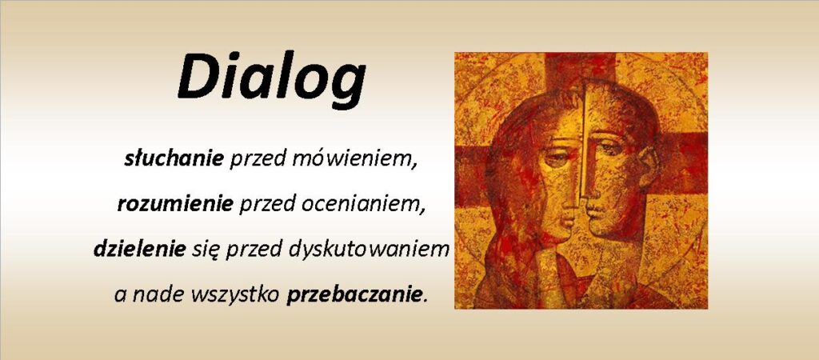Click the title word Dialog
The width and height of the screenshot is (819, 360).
[x=272, y=79]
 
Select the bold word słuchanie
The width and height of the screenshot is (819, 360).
[x=174, y=159]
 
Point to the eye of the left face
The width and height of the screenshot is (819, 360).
[x=556, y=158]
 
